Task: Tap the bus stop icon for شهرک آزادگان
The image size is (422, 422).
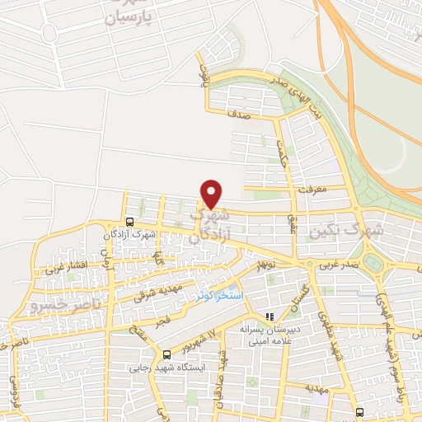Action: click(x=129, y=221)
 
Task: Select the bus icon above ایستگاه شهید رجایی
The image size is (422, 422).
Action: click(x=167, y=354)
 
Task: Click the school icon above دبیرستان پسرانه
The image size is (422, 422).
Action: click(x=269, y=316)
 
